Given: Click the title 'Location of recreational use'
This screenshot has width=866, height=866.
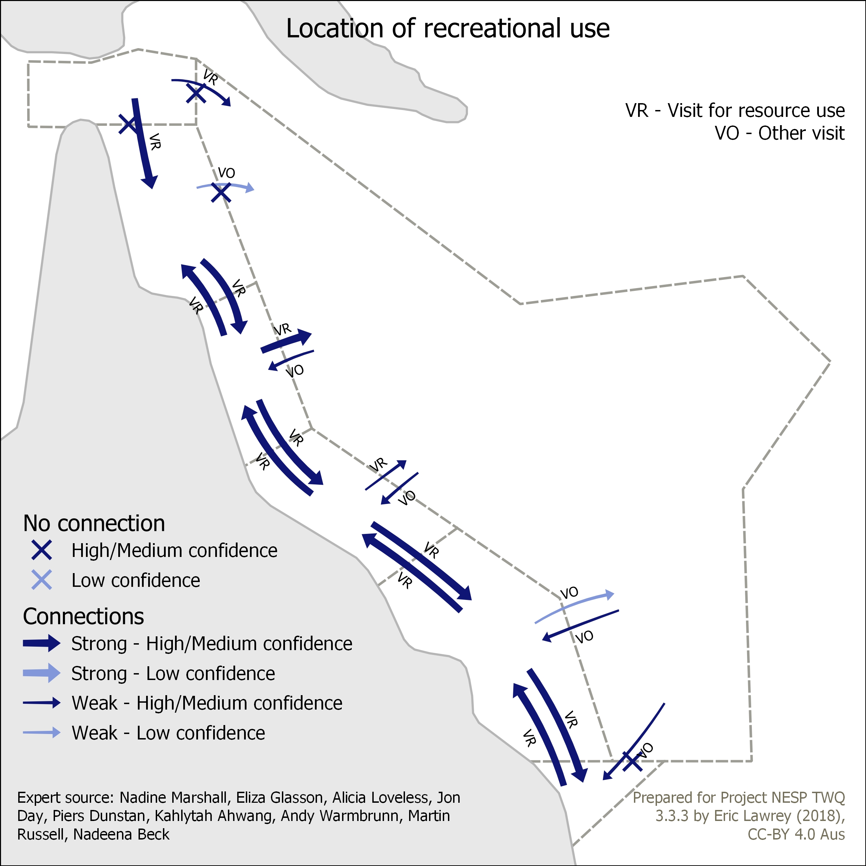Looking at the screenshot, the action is click(448, 29).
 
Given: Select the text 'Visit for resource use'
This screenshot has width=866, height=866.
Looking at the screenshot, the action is click(756, 110).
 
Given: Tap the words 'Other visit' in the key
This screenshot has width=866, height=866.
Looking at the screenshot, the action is click(801, 133).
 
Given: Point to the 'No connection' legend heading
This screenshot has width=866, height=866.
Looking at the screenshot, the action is click(94, 523).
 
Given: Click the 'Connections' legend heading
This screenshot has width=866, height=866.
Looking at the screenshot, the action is click(84, 616).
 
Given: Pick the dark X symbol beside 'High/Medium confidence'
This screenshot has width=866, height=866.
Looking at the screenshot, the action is click(42, 550).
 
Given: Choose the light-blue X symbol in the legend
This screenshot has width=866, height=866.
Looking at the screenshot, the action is click(42, 580).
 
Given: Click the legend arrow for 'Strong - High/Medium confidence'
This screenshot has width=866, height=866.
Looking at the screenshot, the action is click(42, 643).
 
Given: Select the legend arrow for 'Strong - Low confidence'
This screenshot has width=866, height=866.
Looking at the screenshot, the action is click(42, 673).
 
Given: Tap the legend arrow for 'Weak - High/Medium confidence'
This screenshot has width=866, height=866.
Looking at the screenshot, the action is click(42, 703).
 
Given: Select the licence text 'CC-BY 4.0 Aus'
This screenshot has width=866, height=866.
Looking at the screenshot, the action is click(797, 834).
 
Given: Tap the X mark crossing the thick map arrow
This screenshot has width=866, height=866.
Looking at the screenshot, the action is click(129, 124).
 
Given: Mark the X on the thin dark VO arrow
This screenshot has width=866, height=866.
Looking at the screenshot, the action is click(633, 761).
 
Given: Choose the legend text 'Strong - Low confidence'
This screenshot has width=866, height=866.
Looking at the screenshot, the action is click(173, 673).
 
